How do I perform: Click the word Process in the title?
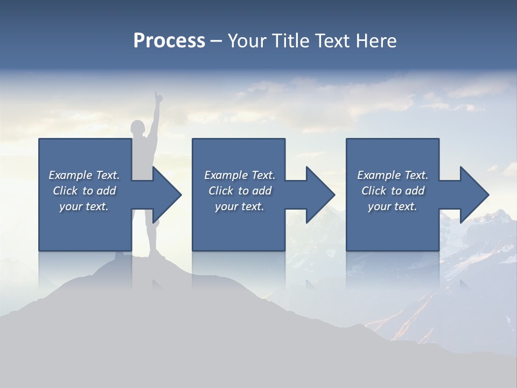tap(169, 40)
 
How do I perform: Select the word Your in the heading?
tap(250, 40)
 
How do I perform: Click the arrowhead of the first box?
tap(167, 195)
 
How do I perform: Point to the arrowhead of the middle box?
tap(320, 195)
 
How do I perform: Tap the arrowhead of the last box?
tap(474, 195)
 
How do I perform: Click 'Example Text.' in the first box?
tap(84, 175)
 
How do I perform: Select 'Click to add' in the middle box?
tap(240, 191)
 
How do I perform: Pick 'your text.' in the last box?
tap(392, 206)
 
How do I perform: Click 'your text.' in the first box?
tap(84, 206)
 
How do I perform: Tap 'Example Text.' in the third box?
tap(392, 175)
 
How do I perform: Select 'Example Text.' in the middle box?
tap(240, 175)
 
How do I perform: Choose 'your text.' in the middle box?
tap(240, 206)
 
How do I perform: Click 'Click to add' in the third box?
tap(392, 191)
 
